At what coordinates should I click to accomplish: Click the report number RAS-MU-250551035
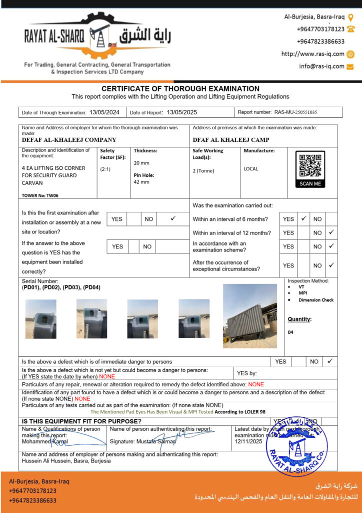click(295, 113)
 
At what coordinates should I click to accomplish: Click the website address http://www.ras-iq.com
click(313, 54)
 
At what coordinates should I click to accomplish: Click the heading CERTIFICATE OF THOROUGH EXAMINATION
click(180, 89)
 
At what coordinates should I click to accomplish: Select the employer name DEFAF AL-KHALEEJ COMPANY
click(69, 140)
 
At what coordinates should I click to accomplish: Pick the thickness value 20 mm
click(141, 163)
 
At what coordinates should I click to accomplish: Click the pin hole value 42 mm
click(141, 182)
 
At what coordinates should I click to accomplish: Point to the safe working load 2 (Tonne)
click(203, 171)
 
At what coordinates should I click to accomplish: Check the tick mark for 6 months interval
click(303, 218)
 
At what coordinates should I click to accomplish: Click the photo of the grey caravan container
click(250, 316)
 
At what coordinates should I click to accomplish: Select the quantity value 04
click(291, 332)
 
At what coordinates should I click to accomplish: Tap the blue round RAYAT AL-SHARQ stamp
click(297, 446)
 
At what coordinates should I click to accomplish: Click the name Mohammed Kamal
click(44, 442)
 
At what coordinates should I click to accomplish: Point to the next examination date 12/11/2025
click(248, 442)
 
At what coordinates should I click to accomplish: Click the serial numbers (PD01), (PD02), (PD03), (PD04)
click(61, 288)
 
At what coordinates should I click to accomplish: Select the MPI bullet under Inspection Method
click(302, 293)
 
